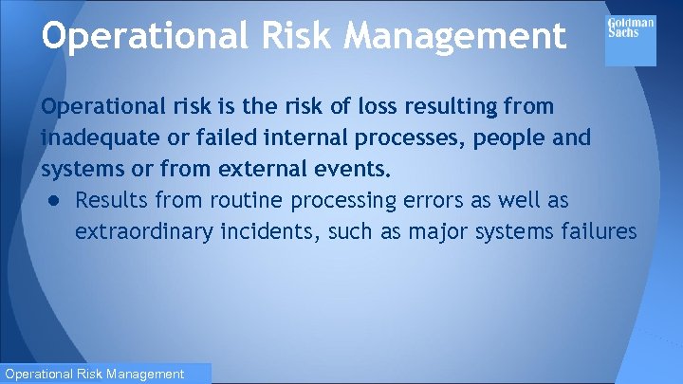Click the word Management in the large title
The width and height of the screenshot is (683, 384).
tap(455, 36)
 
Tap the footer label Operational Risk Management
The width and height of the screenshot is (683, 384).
tap(94, 375)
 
